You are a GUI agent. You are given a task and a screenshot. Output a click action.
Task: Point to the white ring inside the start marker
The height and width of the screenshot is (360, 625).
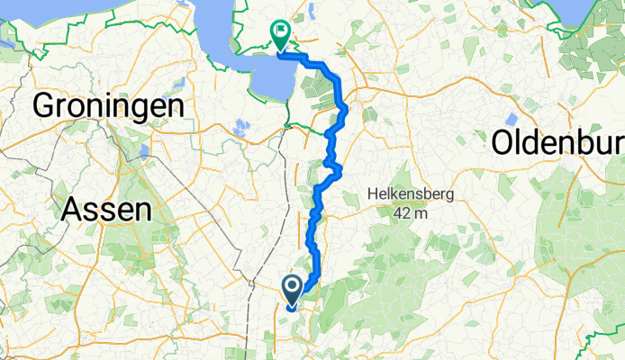(293, 286)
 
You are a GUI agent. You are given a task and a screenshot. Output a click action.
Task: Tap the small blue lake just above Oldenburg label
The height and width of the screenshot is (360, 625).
(512, 118)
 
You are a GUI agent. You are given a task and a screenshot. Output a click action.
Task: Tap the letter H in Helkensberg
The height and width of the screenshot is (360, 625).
(373, 194)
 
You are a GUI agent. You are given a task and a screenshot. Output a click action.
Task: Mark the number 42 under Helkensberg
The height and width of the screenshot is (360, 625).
(402, 213)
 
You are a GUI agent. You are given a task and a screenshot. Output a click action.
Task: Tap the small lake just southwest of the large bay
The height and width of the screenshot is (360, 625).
(240, 128)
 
